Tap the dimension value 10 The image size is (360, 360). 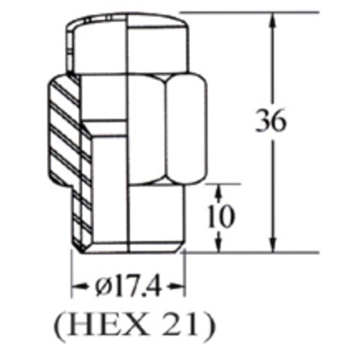[221, 217]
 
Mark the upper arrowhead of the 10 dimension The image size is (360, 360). [220, 191]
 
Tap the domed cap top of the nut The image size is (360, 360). [129, 30]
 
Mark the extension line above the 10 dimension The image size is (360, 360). [210, 184]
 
